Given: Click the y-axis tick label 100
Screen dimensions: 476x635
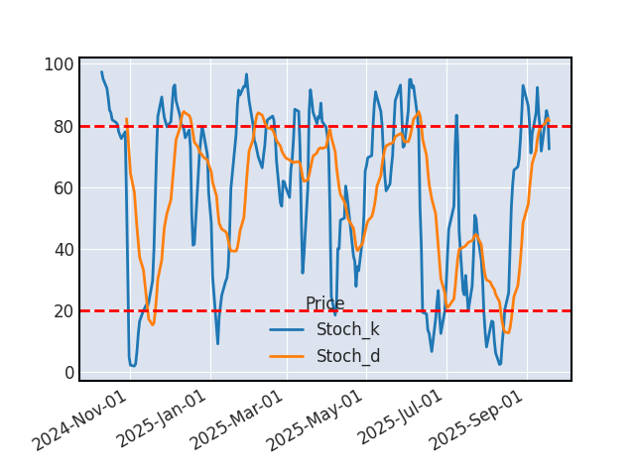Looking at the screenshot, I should [59, 65].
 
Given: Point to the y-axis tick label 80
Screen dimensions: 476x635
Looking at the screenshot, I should [63, 127].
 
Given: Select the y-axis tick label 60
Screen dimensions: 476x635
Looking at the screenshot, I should [63, 188].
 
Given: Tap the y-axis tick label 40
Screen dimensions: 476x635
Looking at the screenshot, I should [63, 250].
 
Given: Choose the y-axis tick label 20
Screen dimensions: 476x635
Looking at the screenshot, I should [63, 311].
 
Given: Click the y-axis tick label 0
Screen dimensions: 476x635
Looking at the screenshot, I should [67, 373].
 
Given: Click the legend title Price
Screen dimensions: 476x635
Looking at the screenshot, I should [324, 304].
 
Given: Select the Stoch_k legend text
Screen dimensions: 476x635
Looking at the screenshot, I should [347, 330].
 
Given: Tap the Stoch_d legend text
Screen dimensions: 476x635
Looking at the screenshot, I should [347, 356].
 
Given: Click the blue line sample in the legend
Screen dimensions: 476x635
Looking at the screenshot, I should [288, 330].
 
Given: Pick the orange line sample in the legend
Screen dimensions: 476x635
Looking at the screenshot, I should [288, 356].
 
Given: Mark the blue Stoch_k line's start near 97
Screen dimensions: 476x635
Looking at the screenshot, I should [101, 72].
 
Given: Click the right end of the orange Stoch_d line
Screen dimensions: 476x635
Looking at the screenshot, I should [549, 118].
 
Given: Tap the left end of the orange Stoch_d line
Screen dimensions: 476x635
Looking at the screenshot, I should [126, 119].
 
